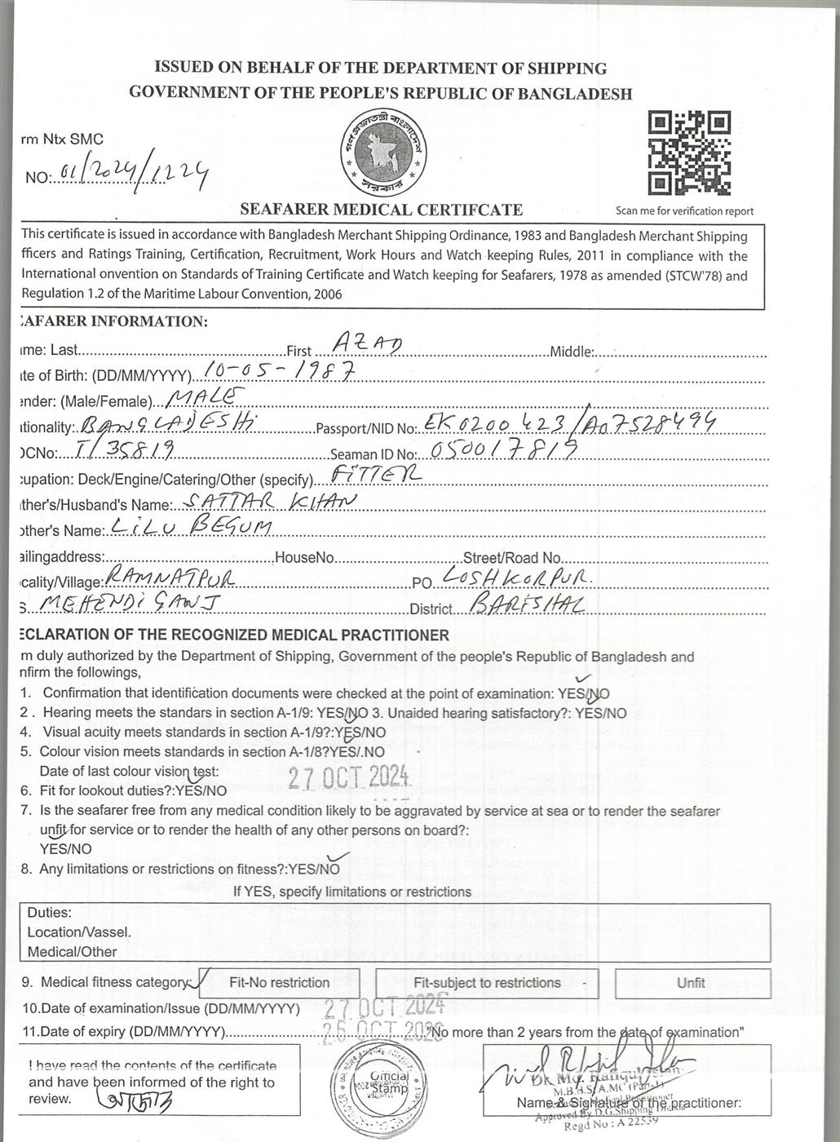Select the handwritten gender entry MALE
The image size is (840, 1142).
tap(205, 397)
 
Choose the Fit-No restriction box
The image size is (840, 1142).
tap(280, 983)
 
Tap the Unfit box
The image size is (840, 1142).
tap(691, 983)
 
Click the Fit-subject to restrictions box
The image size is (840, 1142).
tap(487, 983)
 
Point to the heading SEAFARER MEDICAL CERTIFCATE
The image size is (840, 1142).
tap(382, 210)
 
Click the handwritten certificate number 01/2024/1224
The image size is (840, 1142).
tap(130, 173)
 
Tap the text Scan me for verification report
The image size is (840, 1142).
tap(685, 211)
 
